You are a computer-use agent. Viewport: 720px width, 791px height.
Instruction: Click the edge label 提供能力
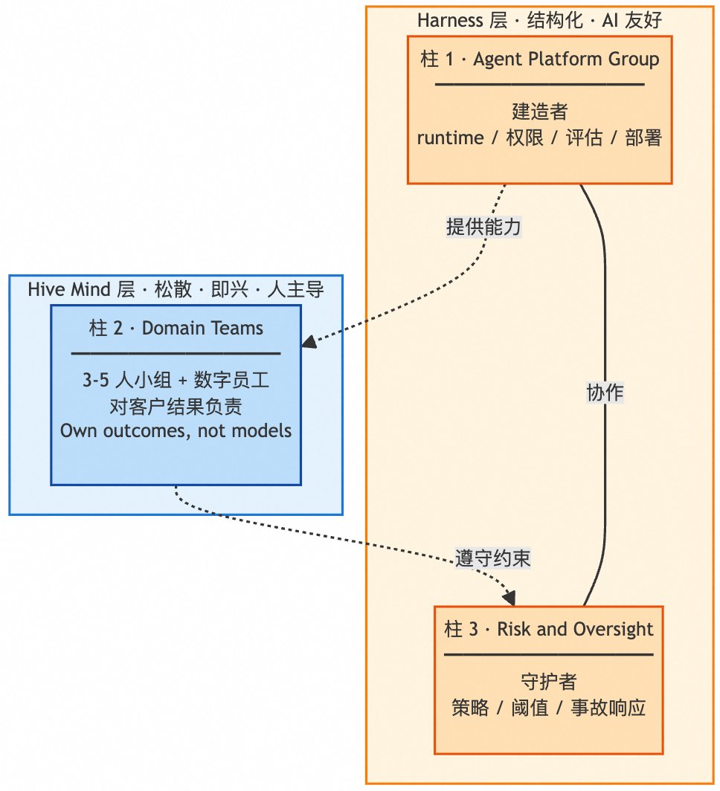[x=483, y=227]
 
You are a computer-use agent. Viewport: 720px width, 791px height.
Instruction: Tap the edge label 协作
[x=605, y=393]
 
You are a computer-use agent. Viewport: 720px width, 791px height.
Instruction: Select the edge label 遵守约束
[x=492, y=558]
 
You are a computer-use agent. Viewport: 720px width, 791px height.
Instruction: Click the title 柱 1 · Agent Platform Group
[x=539, y=59]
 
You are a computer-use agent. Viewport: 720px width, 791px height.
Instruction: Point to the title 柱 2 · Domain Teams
[x=176, y=328]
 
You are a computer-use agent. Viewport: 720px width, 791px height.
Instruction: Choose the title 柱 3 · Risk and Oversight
[x=548, y=629]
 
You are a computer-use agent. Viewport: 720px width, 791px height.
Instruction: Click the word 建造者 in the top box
[x=540, y=112]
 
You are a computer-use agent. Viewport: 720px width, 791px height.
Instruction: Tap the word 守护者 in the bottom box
[x=548, y=682]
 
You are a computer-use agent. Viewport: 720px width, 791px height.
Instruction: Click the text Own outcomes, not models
[x=176, y=431]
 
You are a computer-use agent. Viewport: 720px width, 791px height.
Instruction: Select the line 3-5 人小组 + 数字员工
[x=176, y=380]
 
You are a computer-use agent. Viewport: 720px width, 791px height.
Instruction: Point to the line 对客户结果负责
[x=176, y=406]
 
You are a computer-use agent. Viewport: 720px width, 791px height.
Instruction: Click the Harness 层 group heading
[x=539, y=20]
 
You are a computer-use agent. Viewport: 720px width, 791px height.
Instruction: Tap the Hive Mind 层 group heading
[x=176, y=289]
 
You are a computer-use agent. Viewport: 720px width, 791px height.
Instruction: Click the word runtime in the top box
[x=450, y=138]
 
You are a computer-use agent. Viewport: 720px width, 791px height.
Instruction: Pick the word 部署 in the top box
[x=643, y=138]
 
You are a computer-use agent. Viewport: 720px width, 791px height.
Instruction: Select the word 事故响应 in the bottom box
[x=608, y=707]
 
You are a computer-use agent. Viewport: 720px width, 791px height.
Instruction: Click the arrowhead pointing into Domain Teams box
[x=308, y=341]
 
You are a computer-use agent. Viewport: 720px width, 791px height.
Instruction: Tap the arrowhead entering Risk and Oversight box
[x=510, y=598]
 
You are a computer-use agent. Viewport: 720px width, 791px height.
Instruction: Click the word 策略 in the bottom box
[x=470, y=707]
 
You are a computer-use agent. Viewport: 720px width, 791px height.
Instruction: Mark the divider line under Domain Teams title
[x=176, y=354]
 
